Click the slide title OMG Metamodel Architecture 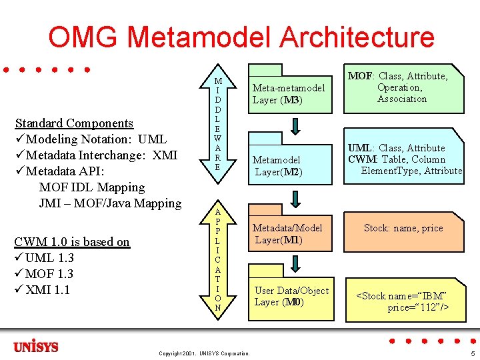(241, 37)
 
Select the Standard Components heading (74, 123)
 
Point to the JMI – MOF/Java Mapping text (110, 203)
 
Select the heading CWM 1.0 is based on (72, 242)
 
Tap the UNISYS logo (36, 347)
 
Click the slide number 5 (472, 353)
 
